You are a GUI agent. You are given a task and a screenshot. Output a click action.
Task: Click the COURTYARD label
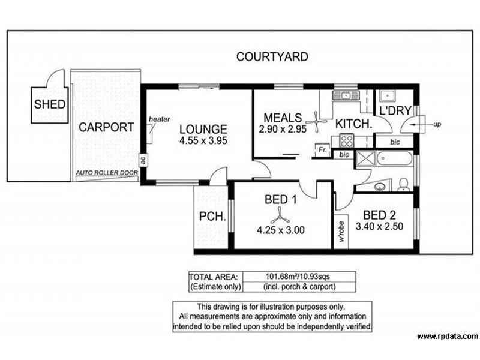coord(272,58)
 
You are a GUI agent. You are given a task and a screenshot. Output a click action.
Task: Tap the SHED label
coord(50,104)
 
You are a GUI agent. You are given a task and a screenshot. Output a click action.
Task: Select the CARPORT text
coord(106,127)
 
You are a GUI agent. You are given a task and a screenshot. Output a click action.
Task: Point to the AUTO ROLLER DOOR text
coord(107,175)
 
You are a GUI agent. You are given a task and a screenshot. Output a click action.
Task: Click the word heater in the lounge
coord(159,119)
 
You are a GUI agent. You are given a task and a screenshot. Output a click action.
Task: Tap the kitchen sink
coord(346,96)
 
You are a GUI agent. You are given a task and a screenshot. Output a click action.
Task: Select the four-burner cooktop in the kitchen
coord(347,141)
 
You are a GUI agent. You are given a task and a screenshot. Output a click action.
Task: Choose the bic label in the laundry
coord(394,142)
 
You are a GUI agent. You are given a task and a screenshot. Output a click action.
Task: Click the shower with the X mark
coord(364,160)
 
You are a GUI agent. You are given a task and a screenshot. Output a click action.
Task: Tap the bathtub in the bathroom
coord(394,160)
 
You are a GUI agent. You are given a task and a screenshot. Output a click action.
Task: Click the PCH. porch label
coord(211,217)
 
